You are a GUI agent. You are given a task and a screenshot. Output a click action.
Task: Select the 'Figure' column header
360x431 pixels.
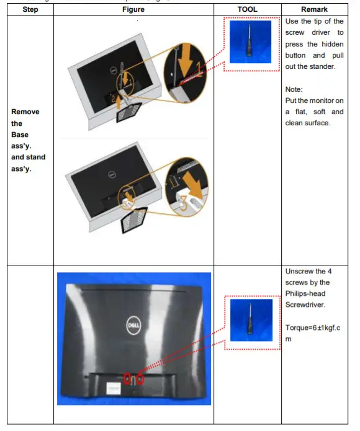click(133, 9)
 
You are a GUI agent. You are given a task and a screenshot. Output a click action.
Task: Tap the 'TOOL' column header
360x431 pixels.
click(248, 9)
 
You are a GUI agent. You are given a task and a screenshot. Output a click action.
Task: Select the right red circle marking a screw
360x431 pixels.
click(140, 378)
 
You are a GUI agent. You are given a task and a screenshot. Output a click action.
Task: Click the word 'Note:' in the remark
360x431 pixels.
click(294, 89)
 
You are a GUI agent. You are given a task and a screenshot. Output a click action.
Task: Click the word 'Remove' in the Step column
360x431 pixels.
click(25, 112)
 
